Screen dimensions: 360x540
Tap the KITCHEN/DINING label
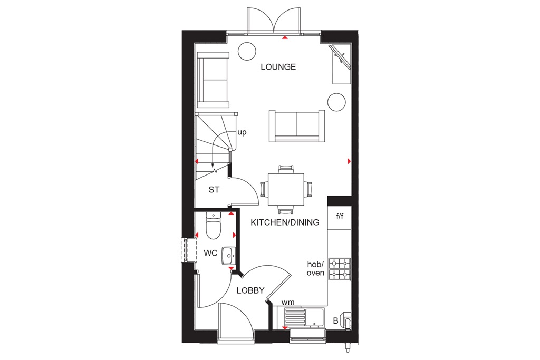click(285, 222)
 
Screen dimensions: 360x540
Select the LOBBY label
click(250, 290)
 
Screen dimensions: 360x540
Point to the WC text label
click(211, 253)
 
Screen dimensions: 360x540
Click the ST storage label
click(214, 190)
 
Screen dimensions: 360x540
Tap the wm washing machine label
click(288, 302)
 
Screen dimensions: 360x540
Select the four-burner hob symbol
click(339, 269)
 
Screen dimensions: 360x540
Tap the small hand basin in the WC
click(229, 256)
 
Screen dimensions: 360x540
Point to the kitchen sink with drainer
click(304, 318)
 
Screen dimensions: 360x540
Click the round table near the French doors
click(246, 51)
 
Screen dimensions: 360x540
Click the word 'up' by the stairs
click(242, 132)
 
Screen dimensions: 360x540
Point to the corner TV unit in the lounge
click(341, 64)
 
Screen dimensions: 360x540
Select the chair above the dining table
click(286, 169)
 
